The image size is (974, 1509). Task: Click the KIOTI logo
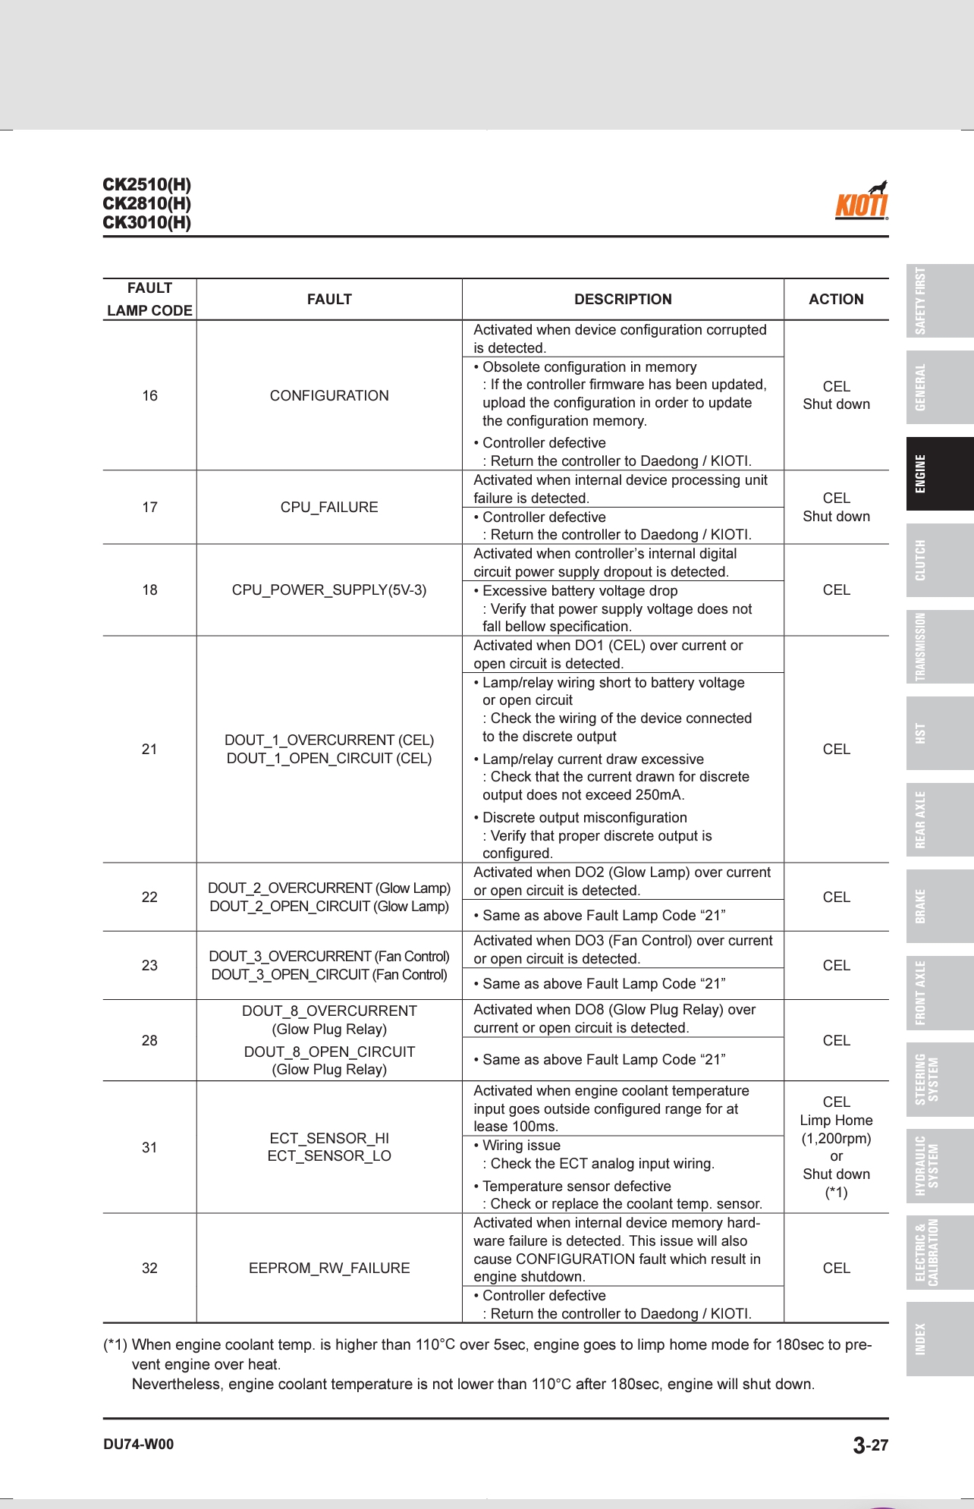click(x=862, y=202)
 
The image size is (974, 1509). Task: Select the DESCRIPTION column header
click(x=622, y=300)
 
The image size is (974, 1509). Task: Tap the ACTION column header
click(x=836, y=300)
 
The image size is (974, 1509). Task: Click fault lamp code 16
click(x=150, y=396)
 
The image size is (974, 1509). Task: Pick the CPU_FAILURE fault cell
click(x=329, y=508)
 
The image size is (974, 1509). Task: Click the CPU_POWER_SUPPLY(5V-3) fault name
click(x=329, y=590)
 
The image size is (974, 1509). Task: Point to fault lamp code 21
click(x=150, y=750)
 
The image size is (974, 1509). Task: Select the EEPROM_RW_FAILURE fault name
click(x=329, y=1269)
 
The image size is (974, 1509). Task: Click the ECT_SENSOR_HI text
click(x=329, y=1138)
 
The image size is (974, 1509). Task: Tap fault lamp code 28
click(x=150, y=1041)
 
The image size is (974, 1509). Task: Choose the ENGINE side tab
click(x=940, y=474)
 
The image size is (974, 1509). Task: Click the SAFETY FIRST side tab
click(x=940, y=301)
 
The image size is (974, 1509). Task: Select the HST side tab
click(x=940, y=734)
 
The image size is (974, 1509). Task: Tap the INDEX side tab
click(x=940, y=1339)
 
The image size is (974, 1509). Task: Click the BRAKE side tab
click(x=940, y=907)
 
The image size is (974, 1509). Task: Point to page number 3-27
click(x=870, y=1445)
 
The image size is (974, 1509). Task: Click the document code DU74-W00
click(x=139, y=1445)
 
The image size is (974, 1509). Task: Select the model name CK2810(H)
click(x=147, y=204)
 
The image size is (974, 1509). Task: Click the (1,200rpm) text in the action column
click(x=836, y=1139)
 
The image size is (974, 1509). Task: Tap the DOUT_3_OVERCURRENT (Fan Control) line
click(x=329, y=957)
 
